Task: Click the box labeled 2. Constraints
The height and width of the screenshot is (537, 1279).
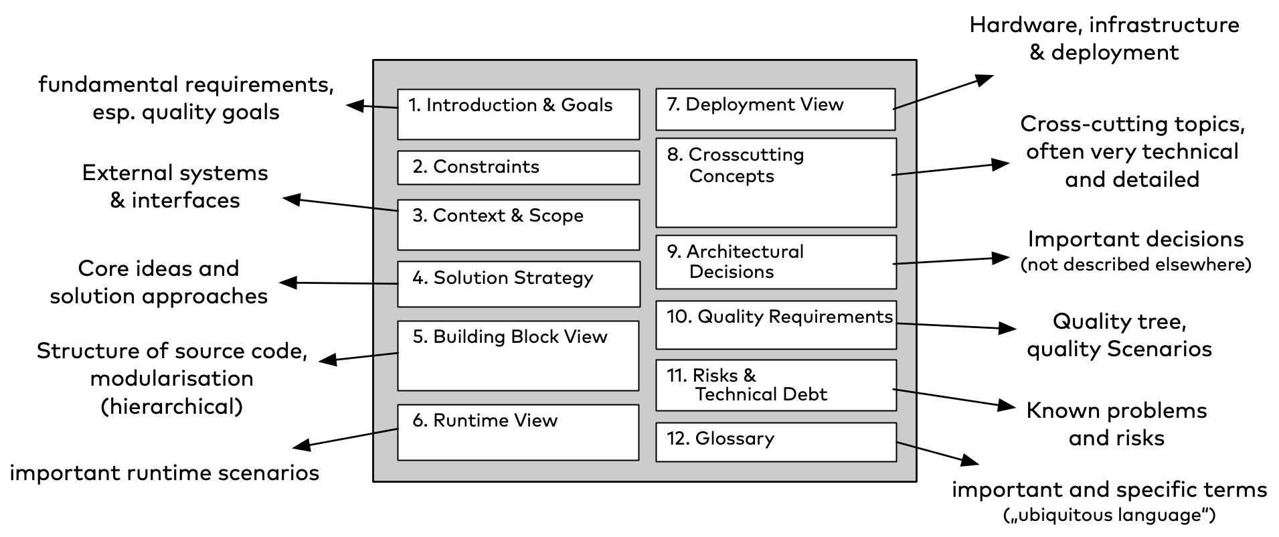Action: (x=518, y=167)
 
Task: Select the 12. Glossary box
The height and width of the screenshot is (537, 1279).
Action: (x=776, y=442)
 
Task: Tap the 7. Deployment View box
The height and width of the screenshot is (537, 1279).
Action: (x=775, y=109)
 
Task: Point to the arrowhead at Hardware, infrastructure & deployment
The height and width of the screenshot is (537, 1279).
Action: (x=985, y=79)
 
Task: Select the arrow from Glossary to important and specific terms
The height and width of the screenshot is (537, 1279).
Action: (x=937, y=453)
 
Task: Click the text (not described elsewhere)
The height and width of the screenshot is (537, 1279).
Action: (x=1135, y=265)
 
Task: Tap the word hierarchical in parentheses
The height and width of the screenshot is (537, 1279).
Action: (x=171, y=406)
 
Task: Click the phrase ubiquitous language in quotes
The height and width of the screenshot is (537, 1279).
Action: (x=1109, y=515)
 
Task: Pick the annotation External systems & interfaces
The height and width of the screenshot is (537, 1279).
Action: (x=175, y=186)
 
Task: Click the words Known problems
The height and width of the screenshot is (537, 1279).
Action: (x=1116, y=410)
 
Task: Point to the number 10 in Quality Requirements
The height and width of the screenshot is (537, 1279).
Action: (x=678, y=317)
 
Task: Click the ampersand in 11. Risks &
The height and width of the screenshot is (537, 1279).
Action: (x=749, y=376)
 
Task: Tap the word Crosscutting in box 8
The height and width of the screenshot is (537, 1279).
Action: (x=746, y=155)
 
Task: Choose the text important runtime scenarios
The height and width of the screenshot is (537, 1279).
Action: (x=164, y=473)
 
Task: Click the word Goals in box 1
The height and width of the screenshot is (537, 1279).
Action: (x=586, y=105)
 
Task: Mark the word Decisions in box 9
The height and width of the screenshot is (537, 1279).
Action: (x=731, y=272)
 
